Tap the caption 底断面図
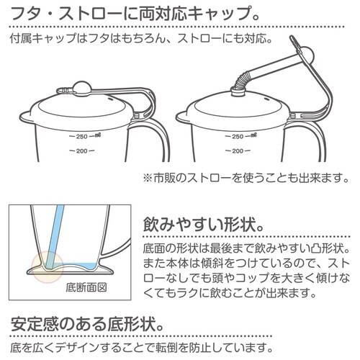pyautogui.click(x=86, y=289)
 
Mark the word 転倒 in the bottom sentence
pyautogui.click(x=199, y=348)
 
